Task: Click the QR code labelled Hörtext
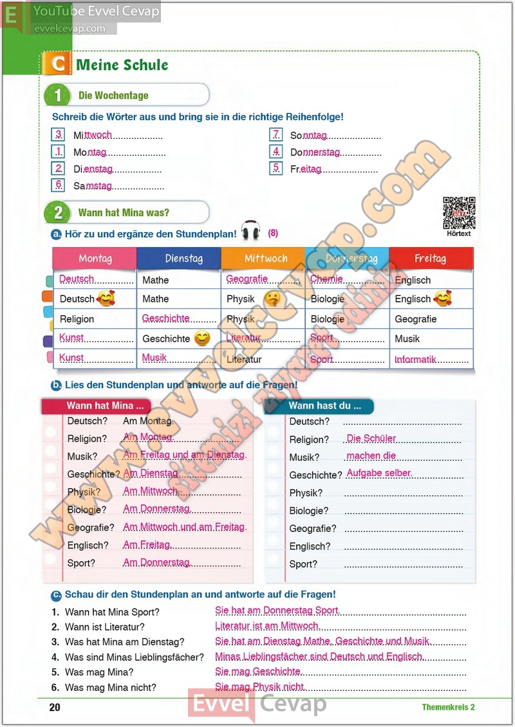click(459, 213)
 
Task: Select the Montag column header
click(95, 259)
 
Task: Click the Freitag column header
click(430, 259)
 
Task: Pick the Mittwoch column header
click(266, 259)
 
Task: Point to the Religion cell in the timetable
click(77, 319)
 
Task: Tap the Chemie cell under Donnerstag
click(327, 279)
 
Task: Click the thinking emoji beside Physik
click(272, 299)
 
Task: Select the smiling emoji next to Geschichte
click(201, 338)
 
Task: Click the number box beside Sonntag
click(276, 135)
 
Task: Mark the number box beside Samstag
click(59, 185)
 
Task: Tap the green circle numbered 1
click(58, 95)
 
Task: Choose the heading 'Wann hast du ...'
click(324, 406)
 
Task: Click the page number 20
click(55, 707)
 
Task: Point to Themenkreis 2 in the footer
click(448, 707)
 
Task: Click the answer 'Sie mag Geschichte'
click(258, 672)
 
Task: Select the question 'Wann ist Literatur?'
click(105, 627)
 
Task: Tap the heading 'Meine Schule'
click(122, 65)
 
